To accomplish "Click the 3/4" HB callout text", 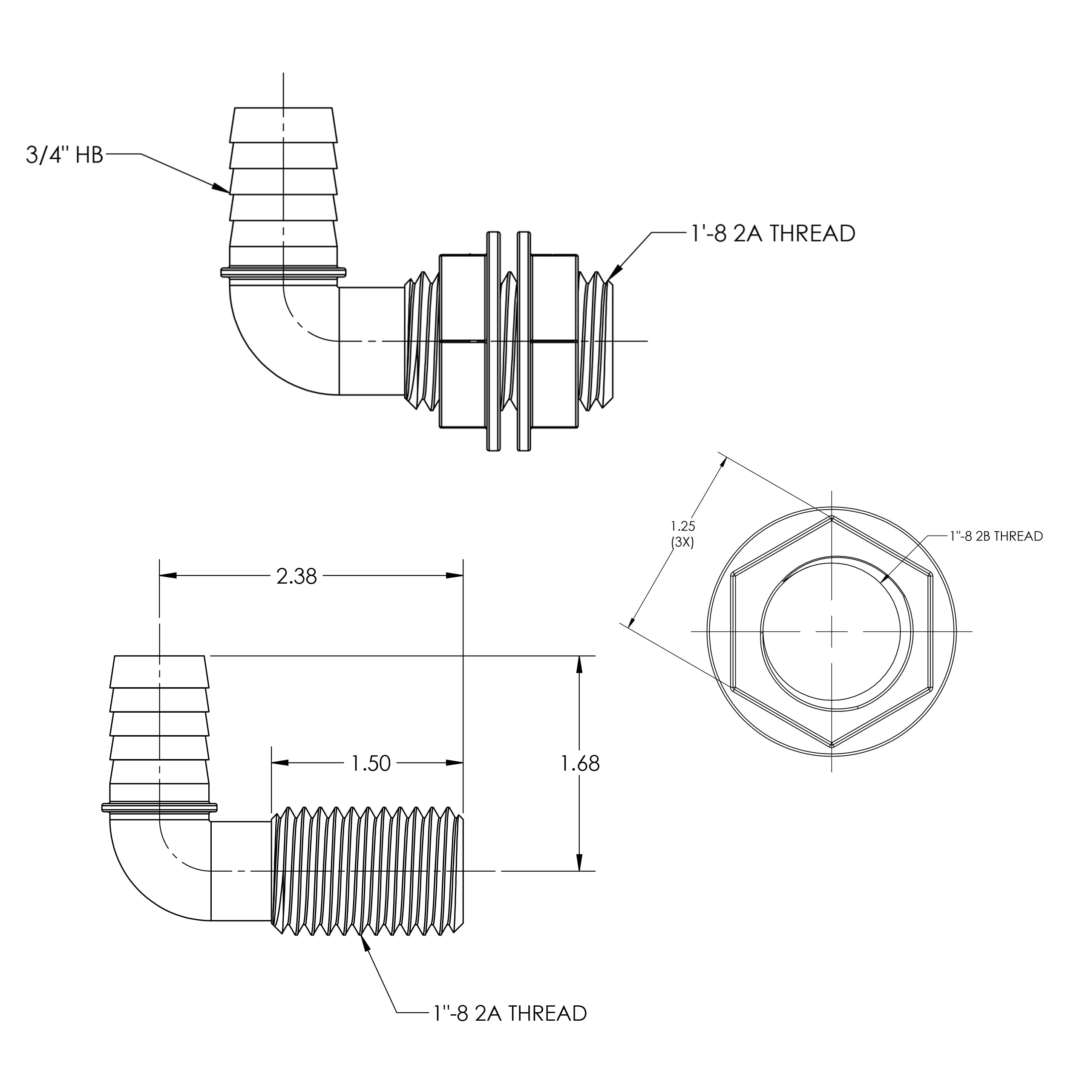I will coord(64,155).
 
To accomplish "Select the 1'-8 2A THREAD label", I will coord(772,234).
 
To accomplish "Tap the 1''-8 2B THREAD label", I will coord(996,536).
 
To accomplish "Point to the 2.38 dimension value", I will coord(296,577).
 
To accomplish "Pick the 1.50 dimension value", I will coord(371,763).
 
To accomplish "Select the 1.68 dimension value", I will coord(580,763).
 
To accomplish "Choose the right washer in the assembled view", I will coord(524,342).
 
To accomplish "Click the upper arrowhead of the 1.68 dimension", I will coord(579,664).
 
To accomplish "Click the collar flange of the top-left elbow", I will coord(283,272).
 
